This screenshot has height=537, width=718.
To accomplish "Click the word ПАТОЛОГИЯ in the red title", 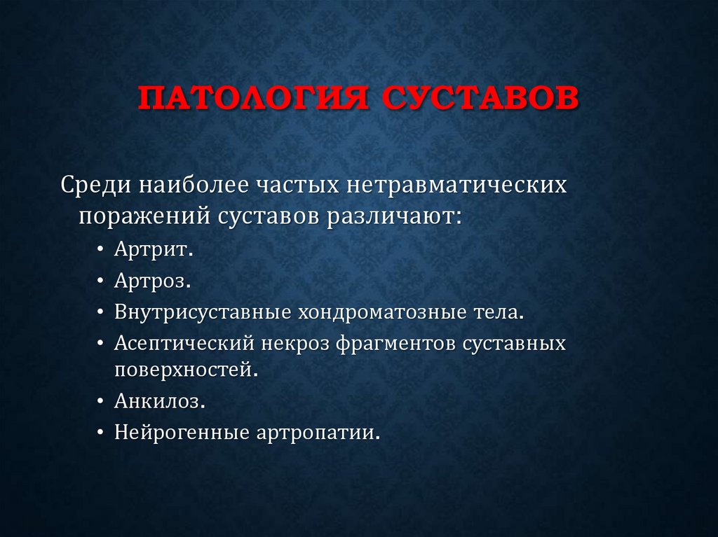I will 251,99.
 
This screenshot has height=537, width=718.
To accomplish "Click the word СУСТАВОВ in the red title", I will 480,99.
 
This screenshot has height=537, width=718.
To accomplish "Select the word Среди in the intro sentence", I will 95,186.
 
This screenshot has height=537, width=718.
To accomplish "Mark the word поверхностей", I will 186,370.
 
